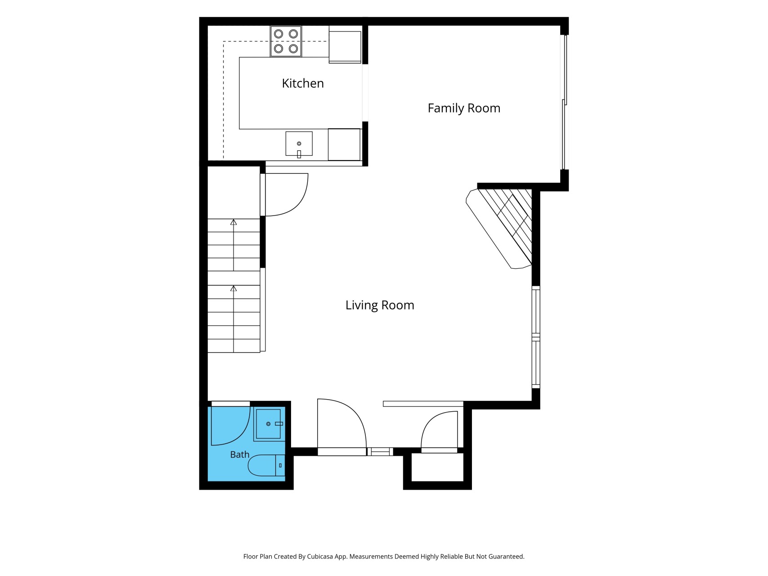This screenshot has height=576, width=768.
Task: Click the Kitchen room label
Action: [x=303, y=83]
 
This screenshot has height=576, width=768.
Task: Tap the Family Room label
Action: [x=464, y=108]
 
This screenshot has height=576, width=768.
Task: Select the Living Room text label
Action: [x=380, y=305]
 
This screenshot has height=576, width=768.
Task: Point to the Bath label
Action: [x=239, y=454]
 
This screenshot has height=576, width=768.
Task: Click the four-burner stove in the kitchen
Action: [x=286, y=41]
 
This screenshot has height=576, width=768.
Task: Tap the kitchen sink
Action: [x=299, y=144]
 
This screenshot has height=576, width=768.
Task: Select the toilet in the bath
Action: [x=266, y=465]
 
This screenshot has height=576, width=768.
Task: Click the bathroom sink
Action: [x=269, y=424]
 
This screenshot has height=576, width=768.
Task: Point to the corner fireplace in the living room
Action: [x=499, y=229]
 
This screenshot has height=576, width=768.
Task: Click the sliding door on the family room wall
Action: [x=564, y=102]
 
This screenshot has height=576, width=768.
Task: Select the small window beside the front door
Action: [x=380, y=451]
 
